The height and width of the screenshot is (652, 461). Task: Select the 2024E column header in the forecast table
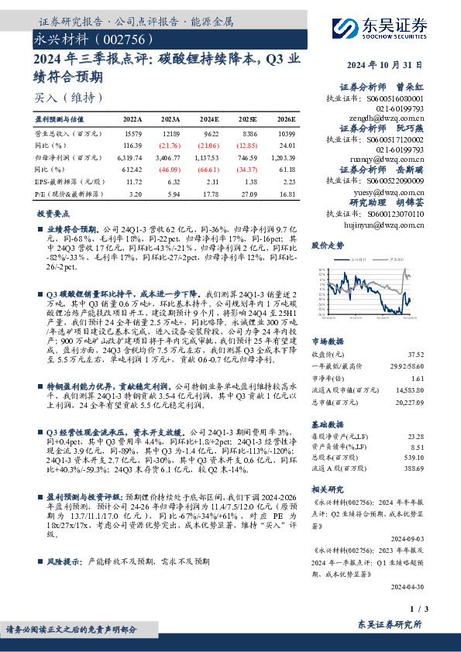(209, 120)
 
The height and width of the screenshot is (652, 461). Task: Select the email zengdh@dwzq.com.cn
(384, 118)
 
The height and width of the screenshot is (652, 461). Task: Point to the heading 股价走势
(326, 245)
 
